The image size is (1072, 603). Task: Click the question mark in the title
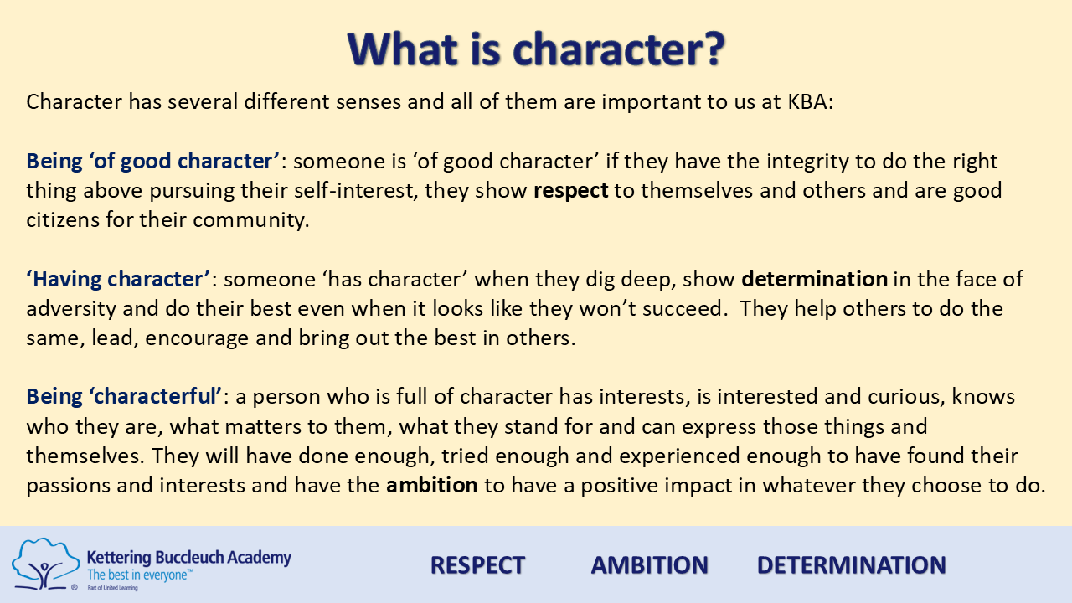pyautogui.click(x=711, y=49)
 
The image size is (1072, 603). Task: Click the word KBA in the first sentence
pyautogui.click(x=807, y=101)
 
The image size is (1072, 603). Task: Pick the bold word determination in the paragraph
pyautogui.click(x=815, y=279)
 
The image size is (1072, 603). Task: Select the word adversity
pyautogui.click(x=71, y=309)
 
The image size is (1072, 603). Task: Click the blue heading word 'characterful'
pyautogui.click(x=155, y=397)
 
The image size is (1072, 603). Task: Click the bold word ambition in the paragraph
pyautogui.click(x=431, y=485)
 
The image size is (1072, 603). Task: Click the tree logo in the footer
pyautogui.click(x=46, y=564)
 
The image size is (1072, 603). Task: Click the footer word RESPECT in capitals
pyautogui.click(x=477, y=565)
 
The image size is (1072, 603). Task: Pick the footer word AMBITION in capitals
pyautogui.click(x=649, y=565)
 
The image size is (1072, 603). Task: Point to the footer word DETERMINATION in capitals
pyautogui.click(x=852, y=565)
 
